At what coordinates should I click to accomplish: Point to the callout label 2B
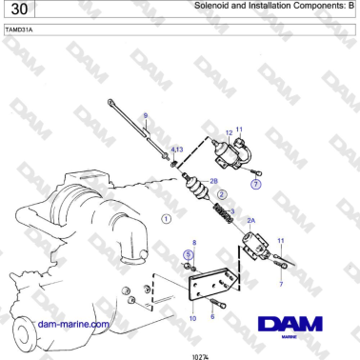(213, 180)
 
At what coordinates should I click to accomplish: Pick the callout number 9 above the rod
(146, 116)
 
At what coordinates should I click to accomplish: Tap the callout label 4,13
(177, 150)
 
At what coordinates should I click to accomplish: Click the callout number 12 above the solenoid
(229, 132)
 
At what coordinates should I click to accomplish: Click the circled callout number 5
(189, 254)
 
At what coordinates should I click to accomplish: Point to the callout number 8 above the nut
(193, 243)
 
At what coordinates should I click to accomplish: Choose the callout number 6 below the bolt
(212, 317)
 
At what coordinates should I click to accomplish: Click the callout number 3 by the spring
(232, 210)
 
